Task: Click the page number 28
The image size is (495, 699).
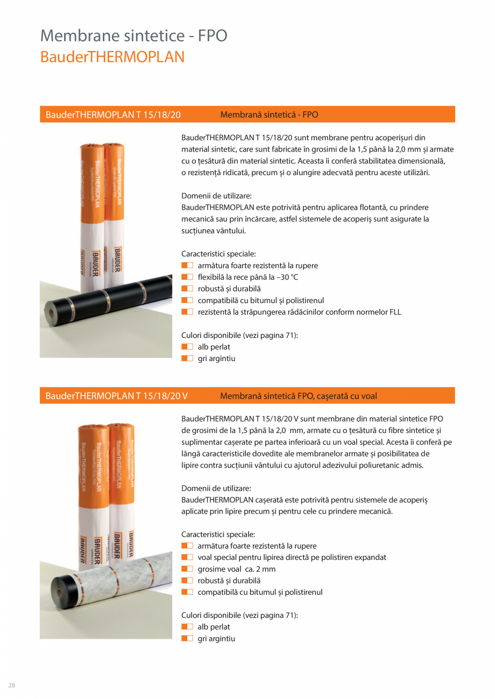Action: pyautogui.click(x=11, y=685)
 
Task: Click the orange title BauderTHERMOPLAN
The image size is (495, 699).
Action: pyautogui.click(x=112, y=57)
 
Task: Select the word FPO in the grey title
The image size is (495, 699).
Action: pyautogui.click(x=213, y=35)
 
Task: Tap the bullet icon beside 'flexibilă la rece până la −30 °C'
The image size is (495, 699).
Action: pyautogui.click(x=187, y=277)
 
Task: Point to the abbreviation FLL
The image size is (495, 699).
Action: pyautogui.click(x=395, y=312)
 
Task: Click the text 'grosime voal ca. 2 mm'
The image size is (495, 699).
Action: pyautogui.click(x=236, y=569)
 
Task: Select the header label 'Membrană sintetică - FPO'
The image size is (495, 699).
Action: pyautogui.click(x=269, y=114)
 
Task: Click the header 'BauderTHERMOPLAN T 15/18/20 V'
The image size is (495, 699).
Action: pyautogui.click(x=116, y=396)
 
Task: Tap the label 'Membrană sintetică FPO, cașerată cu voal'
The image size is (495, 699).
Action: pyautogui.click(x=299, y=396)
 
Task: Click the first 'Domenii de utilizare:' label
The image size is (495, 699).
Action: pyautogui.click(x=216, y=196)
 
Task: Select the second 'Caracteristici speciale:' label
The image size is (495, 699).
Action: pyautogui.click(x=218, y=535)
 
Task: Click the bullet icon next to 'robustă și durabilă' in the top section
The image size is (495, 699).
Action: pyautogui.click(x=187, y=289)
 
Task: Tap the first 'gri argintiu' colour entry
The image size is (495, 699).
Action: pyautogui.click(x=216, y=358)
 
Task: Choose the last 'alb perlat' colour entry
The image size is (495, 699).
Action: pyautogui.click(x=214, y=627)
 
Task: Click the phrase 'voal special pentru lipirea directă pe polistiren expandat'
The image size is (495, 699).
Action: pyautogui.click(x=292, y=557)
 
